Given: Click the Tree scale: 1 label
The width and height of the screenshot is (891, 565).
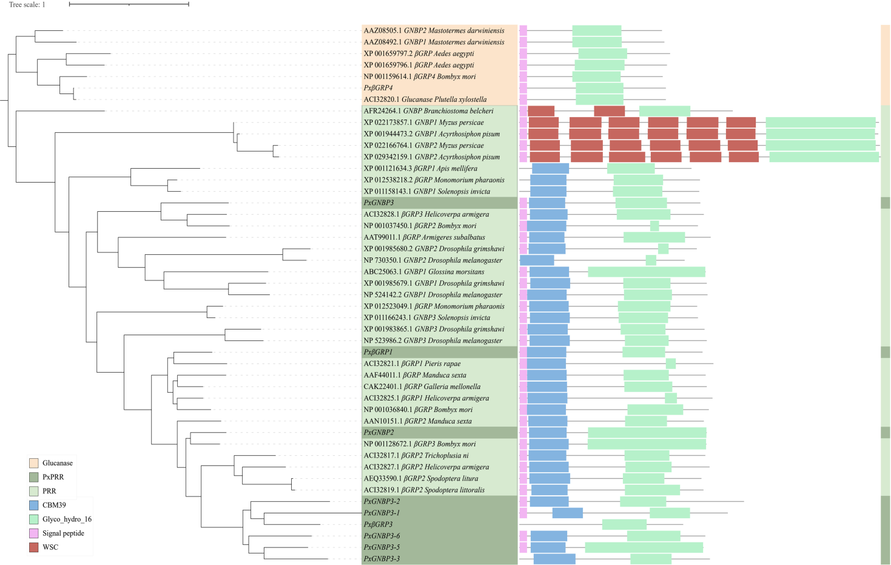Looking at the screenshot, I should click(27, 5).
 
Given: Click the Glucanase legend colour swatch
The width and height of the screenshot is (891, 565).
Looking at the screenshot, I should click(34, 463).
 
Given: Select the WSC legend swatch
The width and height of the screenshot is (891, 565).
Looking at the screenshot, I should click(34, 547).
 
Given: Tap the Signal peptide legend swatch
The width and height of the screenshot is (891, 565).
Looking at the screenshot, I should click(34, 533).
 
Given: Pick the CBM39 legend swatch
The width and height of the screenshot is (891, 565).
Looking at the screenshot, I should click(34, 505).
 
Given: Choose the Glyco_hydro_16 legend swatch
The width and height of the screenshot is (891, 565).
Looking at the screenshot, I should click(34, 519).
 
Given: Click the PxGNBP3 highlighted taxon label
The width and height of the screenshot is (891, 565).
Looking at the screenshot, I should click(378, 203).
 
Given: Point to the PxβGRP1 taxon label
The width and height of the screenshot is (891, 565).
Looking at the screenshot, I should click(378, 352).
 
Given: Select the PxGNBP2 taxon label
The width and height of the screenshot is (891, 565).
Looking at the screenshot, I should click(378, 433).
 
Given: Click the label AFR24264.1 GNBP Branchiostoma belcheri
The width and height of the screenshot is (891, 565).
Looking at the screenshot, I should click(428, 111).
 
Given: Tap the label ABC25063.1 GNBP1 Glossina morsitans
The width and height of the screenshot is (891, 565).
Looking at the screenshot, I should click(423, 272).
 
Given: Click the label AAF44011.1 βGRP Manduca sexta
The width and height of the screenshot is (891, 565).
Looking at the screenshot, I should click(415, 375).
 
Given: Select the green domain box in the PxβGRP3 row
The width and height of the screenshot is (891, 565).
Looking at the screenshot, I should click(624, 524).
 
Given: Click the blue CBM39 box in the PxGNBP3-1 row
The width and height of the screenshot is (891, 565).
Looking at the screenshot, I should click(567, 513).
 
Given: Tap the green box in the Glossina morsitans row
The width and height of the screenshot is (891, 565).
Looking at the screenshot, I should click(646, 272).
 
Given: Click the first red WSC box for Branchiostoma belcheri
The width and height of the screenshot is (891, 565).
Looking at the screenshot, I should click(541, 111).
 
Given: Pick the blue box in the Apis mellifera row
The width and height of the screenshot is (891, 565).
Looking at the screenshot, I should click(550, 169).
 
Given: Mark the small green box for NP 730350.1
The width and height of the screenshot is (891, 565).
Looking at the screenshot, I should click(651, 260).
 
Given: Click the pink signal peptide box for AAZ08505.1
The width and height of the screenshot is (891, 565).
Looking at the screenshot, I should click(523, 30).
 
